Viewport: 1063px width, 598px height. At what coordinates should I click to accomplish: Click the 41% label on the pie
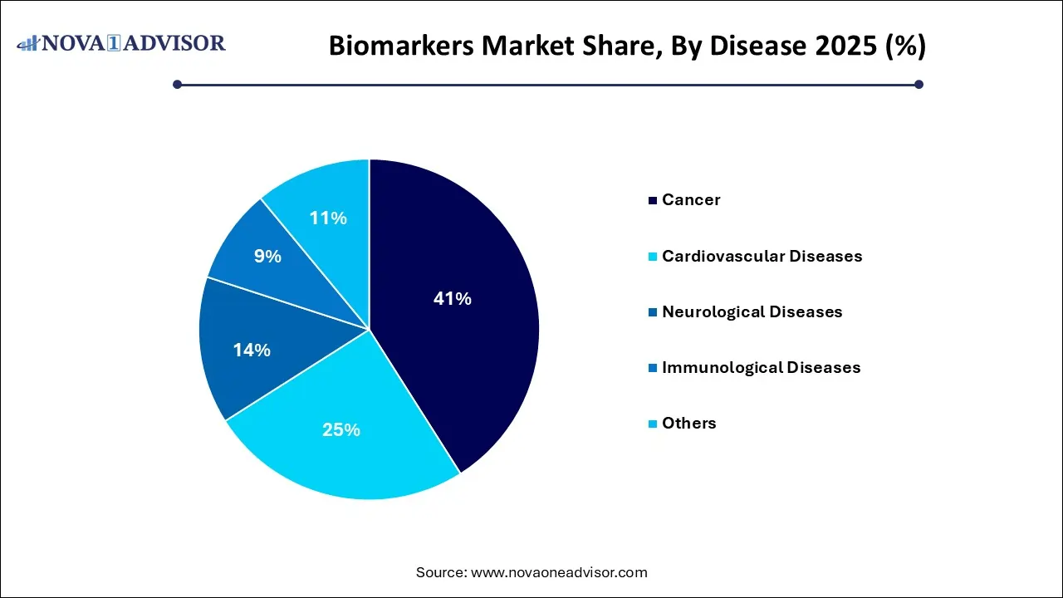click(452, 299)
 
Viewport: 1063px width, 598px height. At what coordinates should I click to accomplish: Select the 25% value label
click(341, 430)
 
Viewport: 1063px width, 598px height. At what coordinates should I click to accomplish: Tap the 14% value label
click(252, 350)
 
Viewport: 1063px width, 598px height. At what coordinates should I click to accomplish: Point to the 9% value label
click(267, 257)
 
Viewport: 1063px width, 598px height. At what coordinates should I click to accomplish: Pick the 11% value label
click(328, 218)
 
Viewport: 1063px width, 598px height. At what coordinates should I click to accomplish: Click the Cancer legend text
click(691, 200)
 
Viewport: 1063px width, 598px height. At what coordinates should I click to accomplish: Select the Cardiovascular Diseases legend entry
click(762, 257)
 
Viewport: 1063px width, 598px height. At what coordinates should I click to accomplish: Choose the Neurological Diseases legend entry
click(752, 312)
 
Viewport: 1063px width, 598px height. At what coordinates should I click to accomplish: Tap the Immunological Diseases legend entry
click(761, 368)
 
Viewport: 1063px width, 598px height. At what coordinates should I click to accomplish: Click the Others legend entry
click(688, 424)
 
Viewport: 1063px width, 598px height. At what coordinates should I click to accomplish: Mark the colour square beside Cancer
click(654, 201)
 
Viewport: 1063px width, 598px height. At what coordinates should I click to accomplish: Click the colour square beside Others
click(654, 424)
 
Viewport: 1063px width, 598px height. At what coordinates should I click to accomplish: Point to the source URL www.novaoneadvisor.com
click(559, 572)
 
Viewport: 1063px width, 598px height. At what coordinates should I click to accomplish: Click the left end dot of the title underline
click(177, 84)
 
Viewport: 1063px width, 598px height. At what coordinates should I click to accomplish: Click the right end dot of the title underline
click(918, 84)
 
